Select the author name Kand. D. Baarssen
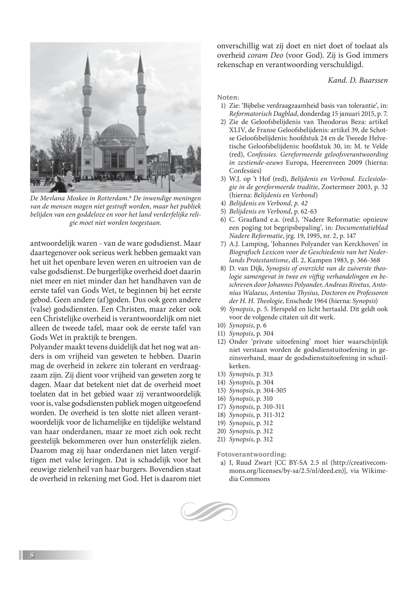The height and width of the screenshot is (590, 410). pos(358,80)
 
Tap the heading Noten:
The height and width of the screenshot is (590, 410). pos(228,97)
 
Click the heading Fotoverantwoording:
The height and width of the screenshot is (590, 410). pos(252,455)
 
